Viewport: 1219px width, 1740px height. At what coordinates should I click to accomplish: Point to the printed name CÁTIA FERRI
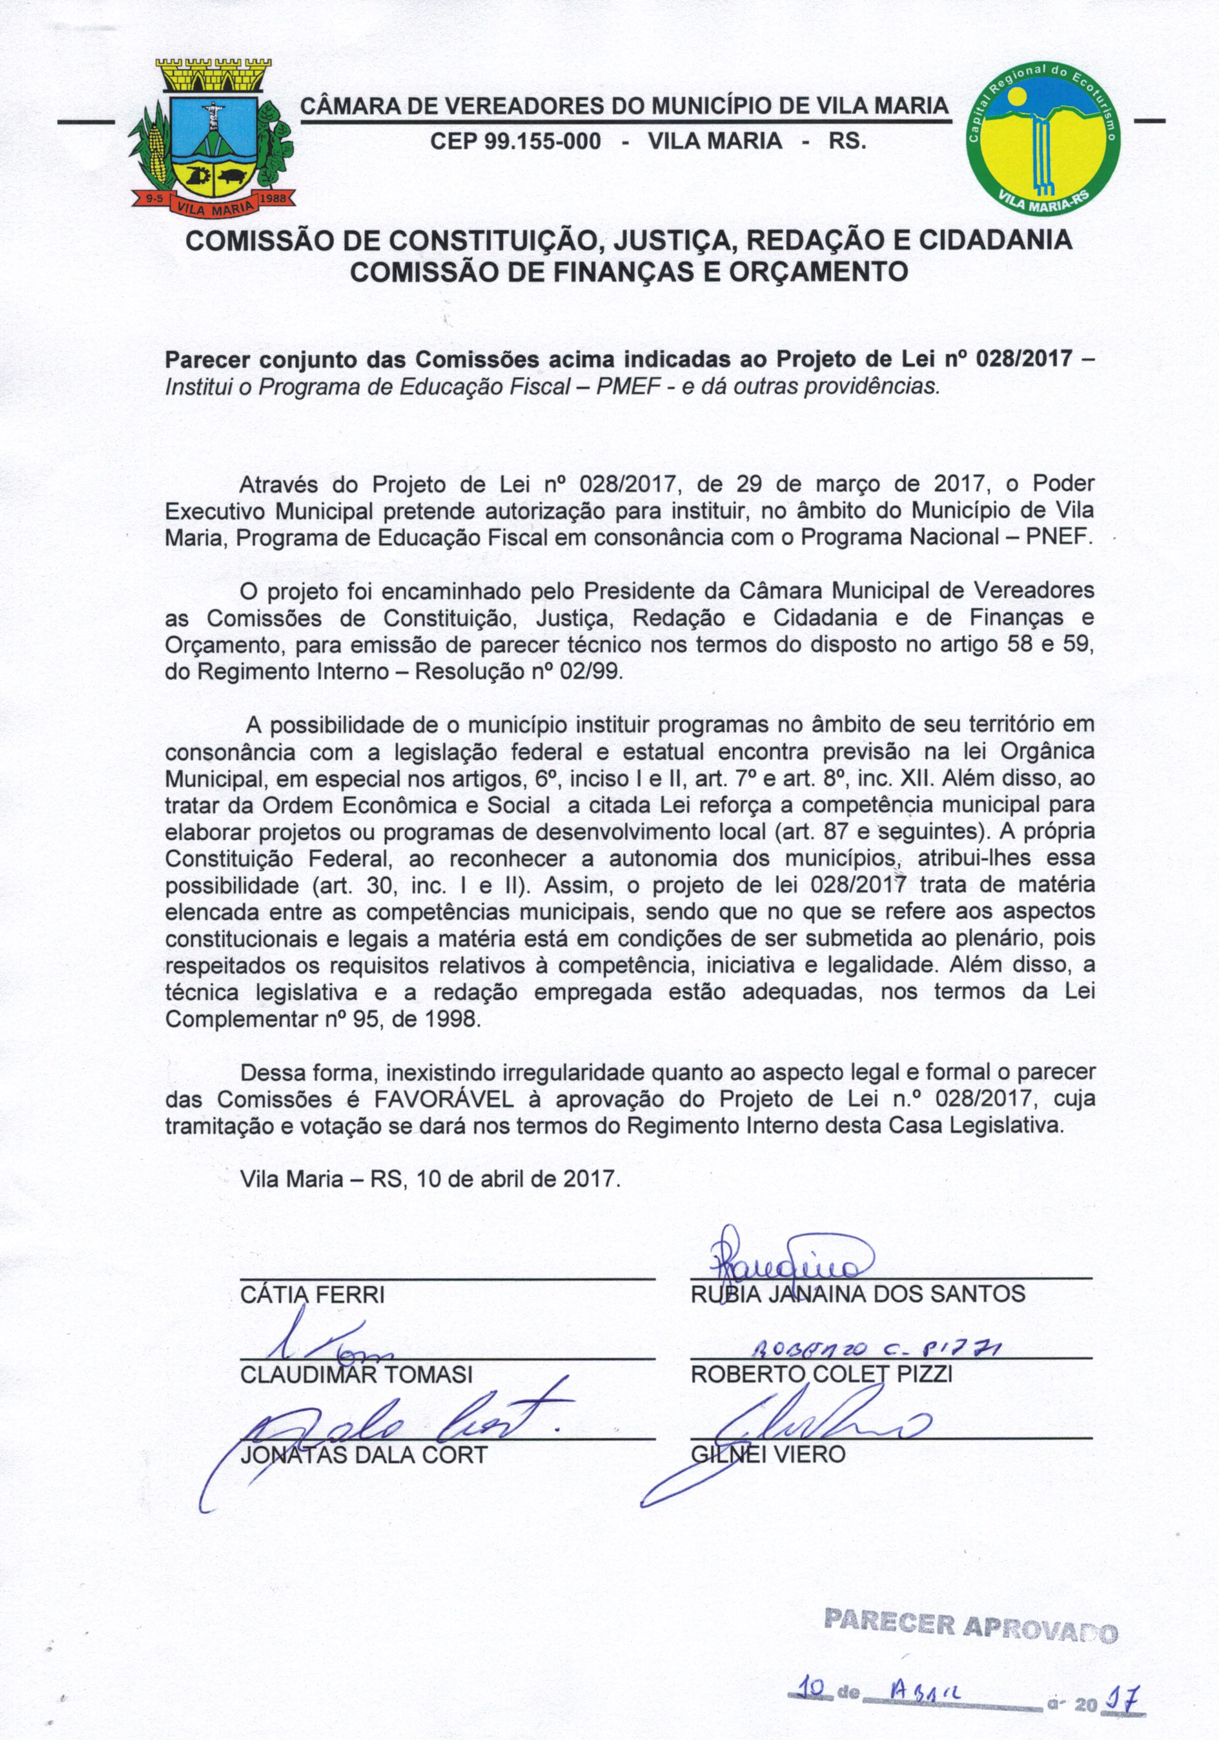coord(312,1293)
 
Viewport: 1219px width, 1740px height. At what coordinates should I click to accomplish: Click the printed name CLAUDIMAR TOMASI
coord(356,1374)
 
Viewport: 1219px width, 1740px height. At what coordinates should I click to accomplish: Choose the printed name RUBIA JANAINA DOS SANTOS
coord(858,1293)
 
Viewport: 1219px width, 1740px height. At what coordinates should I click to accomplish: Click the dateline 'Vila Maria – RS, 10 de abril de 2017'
coord(430,1180)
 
